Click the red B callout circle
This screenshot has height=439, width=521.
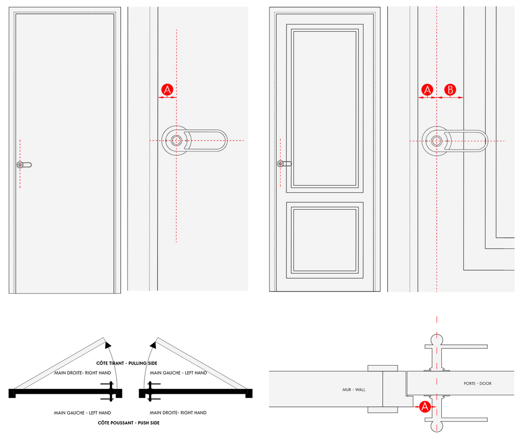click(450, 90)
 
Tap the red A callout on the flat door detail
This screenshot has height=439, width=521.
click(167, 90)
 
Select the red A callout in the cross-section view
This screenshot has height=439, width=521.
click(425, 407)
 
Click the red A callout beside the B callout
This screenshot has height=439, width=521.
click(427, 90)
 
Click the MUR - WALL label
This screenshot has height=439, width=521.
click(354, 390)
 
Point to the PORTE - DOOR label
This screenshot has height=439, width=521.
click(477, 383)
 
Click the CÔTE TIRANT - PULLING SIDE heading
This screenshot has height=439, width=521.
click(127, 363)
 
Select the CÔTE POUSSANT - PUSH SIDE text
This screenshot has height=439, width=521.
click(129, 423)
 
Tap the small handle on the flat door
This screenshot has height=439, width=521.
click(24, 165)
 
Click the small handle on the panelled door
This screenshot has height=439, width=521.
click(284, 164)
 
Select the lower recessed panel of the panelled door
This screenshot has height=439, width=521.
click(325, 240)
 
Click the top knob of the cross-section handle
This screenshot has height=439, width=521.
click(437, 340)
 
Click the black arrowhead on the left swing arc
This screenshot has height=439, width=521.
click(108, 345)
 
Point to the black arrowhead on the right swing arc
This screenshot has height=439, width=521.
click(153, 345)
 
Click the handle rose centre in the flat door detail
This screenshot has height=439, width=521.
click(177, 141)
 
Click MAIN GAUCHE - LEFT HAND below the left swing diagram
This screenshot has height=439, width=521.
click(82, 413)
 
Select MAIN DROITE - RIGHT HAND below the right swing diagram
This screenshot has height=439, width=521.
click(178, 413)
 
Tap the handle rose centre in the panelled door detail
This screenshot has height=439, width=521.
click(437, 141)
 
